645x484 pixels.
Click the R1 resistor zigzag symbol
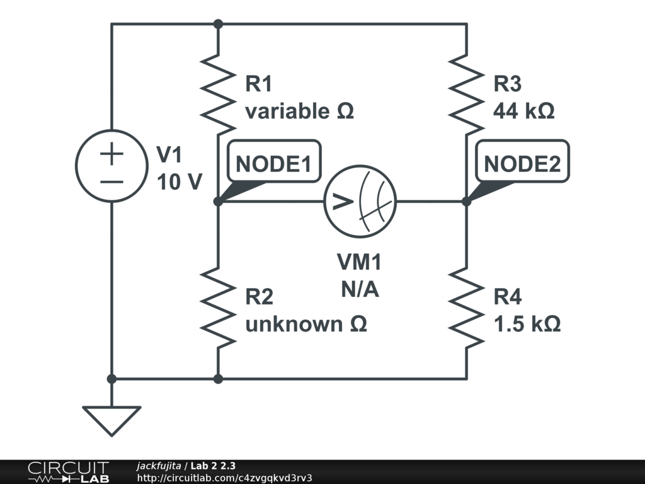tap(218, 95)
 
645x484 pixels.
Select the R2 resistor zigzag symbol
tap(218, 308)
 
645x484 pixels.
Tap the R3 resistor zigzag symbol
tap(466, 95)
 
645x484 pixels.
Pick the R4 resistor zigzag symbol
tap(466, 308)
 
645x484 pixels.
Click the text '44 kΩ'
tap(523, 111)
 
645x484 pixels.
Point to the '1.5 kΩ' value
tap(527, 324)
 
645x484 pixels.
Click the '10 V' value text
tap(180, 181)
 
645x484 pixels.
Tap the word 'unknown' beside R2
tap(294, 324)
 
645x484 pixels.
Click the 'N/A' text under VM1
tap(360, 289)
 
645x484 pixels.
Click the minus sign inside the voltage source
tap(111, 181)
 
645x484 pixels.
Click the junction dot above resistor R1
tap(218, 25)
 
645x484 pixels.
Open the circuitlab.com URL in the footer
tap(224, 478)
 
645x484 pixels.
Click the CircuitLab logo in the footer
tap(69, 471)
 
